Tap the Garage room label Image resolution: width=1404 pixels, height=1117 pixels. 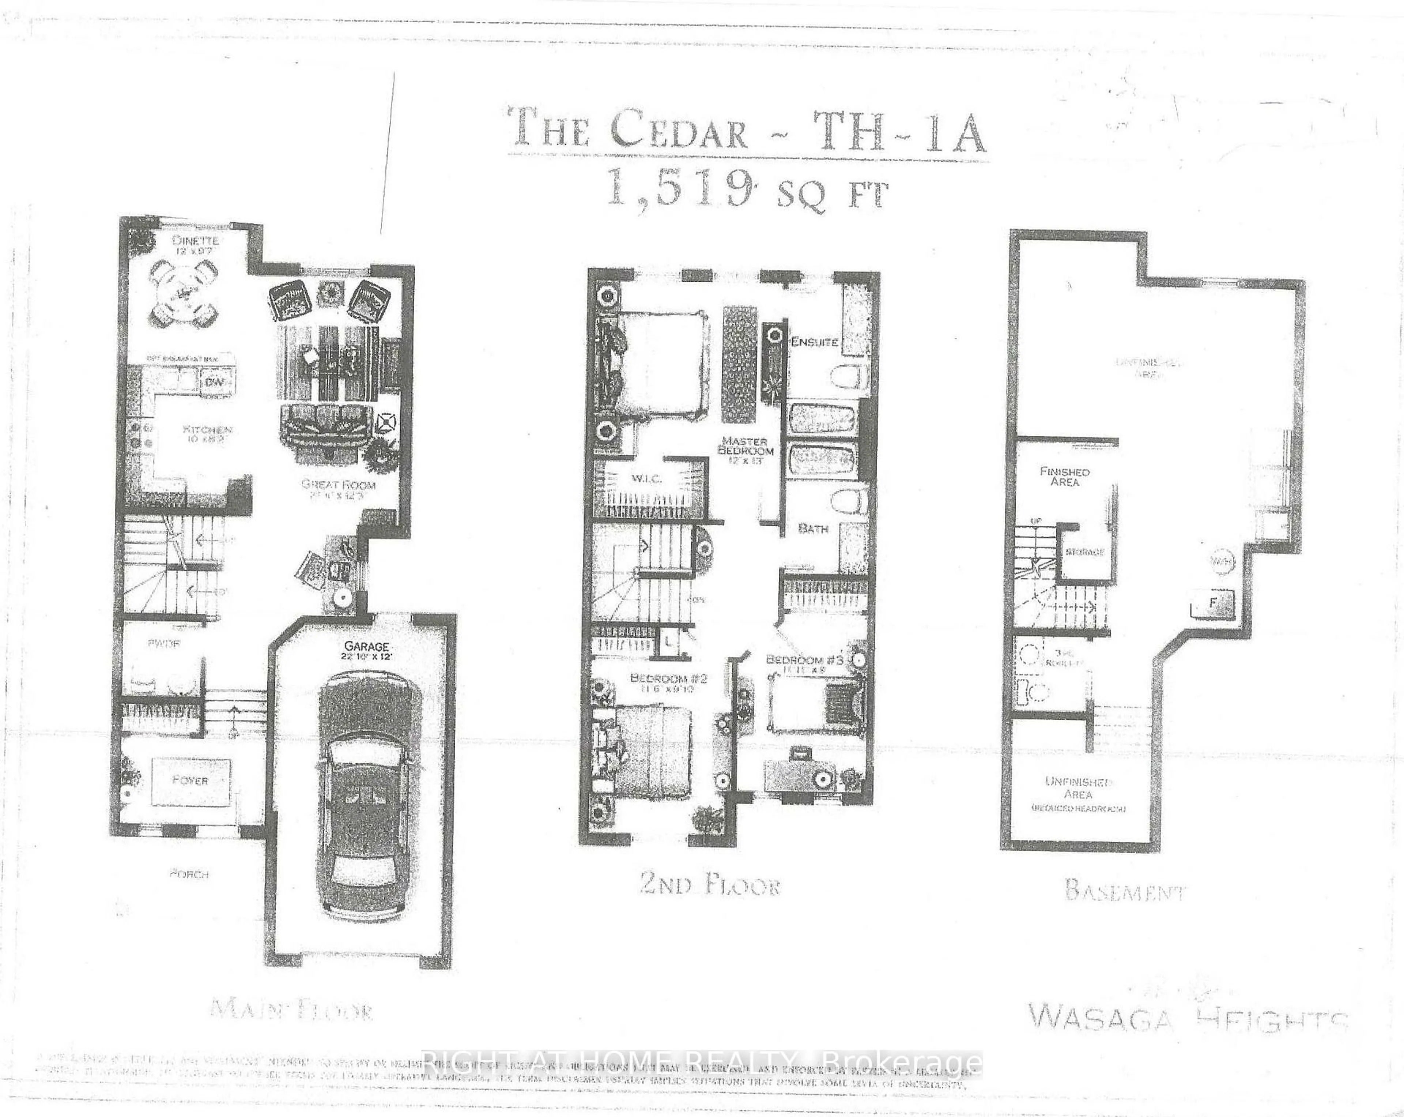coord(367,646)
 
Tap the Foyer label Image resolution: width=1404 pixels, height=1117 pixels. coord(190,780)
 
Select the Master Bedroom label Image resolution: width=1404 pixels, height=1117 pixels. coord(746,446)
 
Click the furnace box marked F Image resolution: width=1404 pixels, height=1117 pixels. coord(1212,602)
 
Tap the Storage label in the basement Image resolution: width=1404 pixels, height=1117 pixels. coord(1085,552)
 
